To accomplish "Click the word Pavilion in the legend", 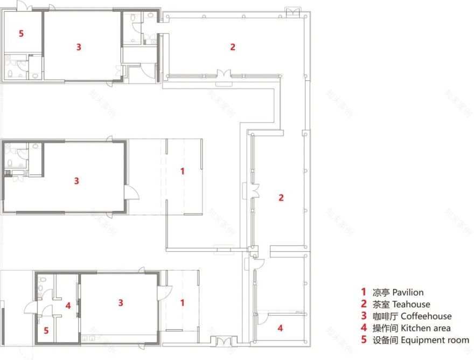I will point(408,293).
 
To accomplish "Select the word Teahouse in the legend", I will point(411,304).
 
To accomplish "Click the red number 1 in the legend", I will point(364,293).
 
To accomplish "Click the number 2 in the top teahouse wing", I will point(233,47).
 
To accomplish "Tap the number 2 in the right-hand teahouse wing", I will point(281,198).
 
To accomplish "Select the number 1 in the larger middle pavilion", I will point(183,171).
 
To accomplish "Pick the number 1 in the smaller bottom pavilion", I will point(182,303).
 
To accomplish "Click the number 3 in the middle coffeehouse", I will point(76,181).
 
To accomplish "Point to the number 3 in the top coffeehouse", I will point(79,47).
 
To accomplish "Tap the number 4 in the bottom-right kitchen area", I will point(280,328).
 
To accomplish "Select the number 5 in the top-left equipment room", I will point(21,33).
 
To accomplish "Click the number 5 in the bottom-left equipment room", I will point(46,330).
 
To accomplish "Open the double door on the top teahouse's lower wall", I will point(224,74).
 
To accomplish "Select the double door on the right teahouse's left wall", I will point(254,191).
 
